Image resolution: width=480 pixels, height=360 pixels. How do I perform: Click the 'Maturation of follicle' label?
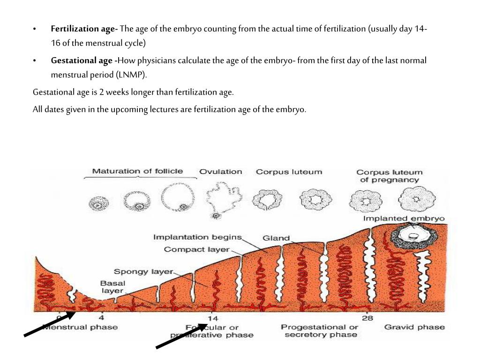coord(137,171)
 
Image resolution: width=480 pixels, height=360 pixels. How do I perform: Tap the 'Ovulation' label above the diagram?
coord(221,172)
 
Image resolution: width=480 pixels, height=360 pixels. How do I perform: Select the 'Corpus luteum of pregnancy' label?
coord(389,176)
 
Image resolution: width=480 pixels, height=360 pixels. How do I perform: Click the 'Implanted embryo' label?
coord(404,218)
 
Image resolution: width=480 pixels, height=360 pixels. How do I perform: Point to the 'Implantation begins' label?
coord(197,237)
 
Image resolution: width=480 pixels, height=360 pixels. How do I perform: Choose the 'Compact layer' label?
coord(191,249)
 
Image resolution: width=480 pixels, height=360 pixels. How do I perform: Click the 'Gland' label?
coord(276,238)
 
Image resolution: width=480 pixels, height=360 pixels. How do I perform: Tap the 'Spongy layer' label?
coord(143,271)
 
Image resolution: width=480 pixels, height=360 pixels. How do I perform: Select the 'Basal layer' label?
coord(112,287)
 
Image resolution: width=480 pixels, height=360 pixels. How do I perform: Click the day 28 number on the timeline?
coord(367,318)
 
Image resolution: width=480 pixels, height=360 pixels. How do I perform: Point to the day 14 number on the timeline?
coord(212,318)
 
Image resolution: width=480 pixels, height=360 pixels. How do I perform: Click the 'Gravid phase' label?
coord(414,327)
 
